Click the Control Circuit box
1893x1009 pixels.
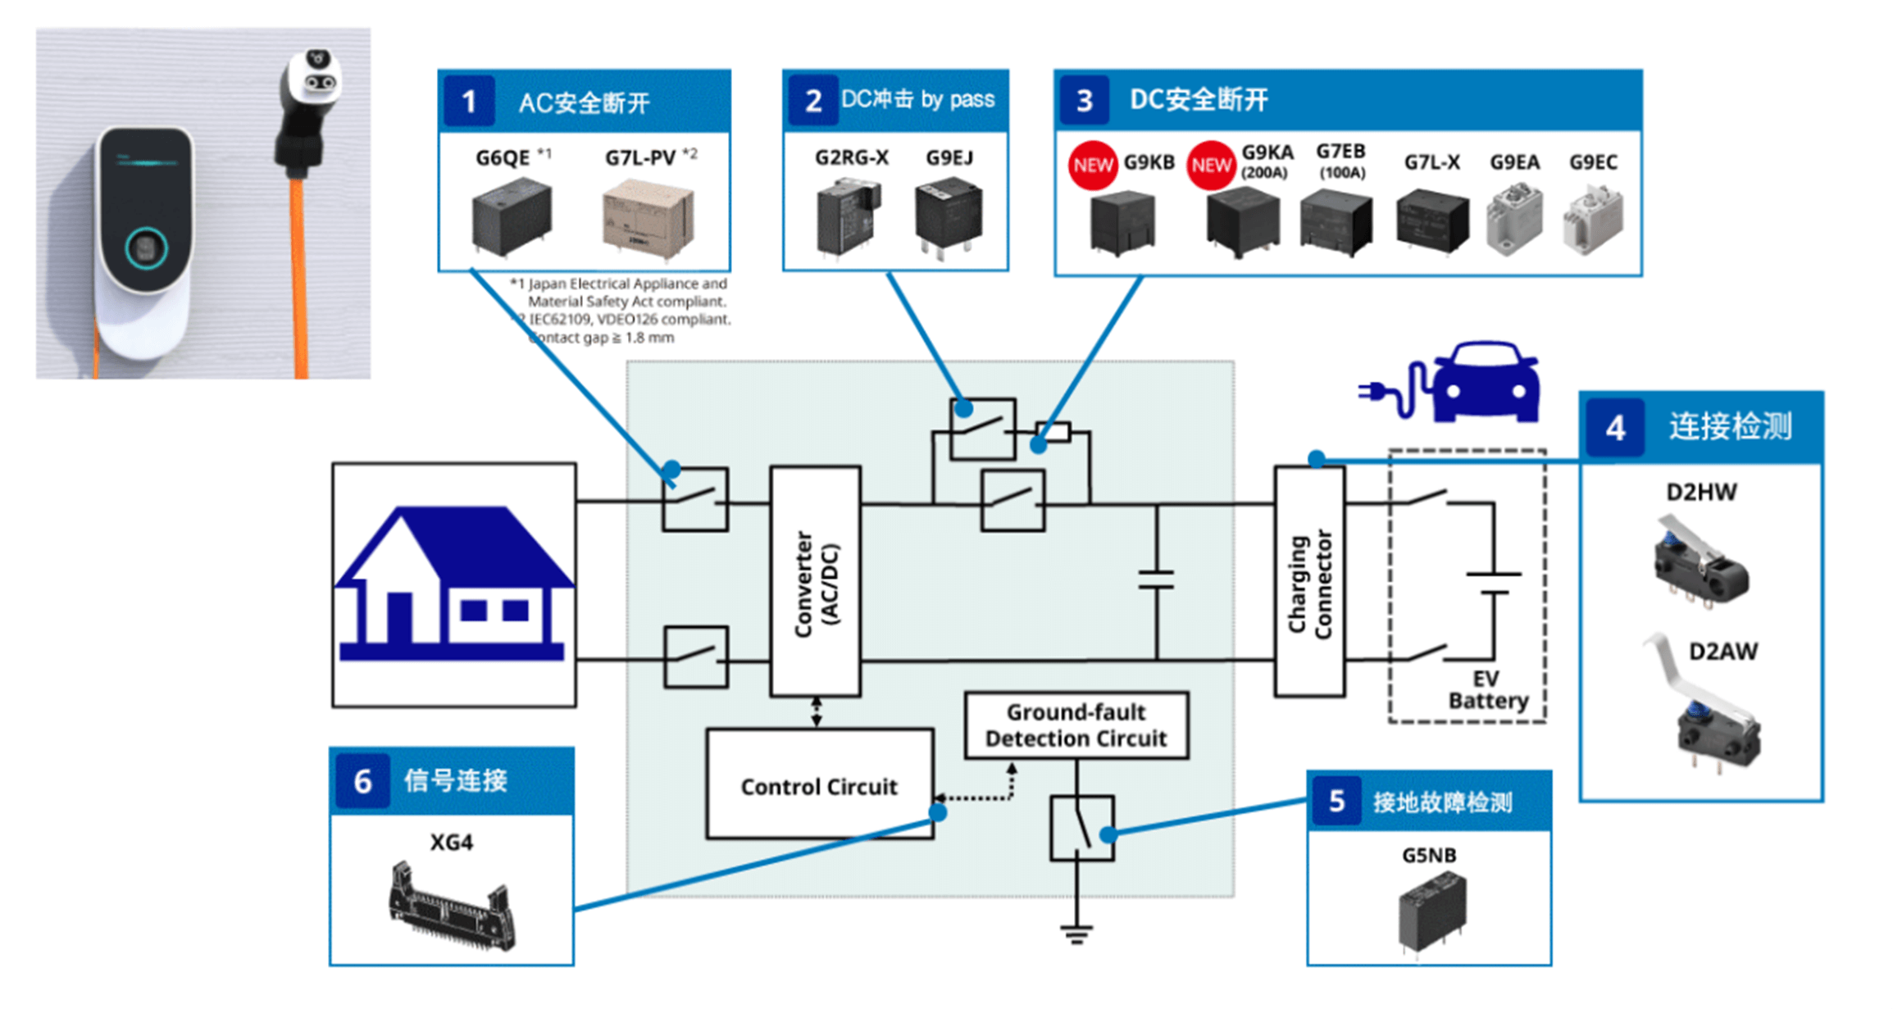coord(819,784)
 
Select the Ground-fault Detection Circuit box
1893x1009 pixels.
coord(1076,725)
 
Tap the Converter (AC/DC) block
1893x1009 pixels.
coord(816,582)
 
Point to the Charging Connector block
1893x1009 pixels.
coord(1309,582)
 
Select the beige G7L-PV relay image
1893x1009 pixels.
coord(648,220)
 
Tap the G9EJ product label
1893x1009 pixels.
coord(949,157)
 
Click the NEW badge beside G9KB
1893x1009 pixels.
coord(1093,165)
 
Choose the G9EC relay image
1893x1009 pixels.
coord(1592,220)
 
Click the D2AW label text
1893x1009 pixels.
coord(1722,652)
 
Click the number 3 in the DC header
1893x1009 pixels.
coord(1084,101)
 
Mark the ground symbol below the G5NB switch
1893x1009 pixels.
coord(1076,934)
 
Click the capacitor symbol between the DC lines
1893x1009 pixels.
coord(1156,579)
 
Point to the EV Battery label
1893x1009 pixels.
coord(1487,690)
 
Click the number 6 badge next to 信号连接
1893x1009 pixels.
coord(362,781)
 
